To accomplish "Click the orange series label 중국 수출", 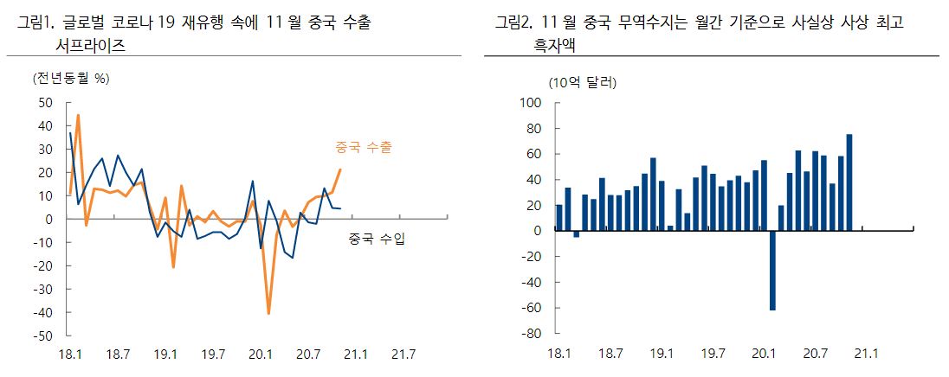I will click(364, 147).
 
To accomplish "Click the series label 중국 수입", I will click(377, 239).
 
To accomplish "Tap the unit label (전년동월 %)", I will click(72, 79).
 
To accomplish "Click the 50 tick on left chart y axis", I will click(45, 103).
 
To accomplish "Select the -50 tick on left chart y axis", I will click(42, 335).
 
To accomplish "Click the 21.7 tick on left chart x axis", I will click(403, 354).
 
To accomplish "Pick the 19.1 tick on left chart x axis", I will click(165, 354).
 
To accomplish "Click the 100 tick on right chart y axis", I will click(529, 103).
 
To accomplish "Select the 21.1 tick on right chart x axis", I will click(865, 354).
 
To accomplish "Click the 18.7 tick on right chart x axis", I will click(610, 354).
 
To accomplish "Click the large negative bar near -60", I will click(772, 270).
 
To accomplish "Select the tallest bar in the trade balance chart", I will click(849, 182).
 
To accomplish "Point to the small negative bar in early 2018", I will click(577, 233).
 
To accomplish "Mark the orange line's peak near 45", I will click(78, 115).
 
